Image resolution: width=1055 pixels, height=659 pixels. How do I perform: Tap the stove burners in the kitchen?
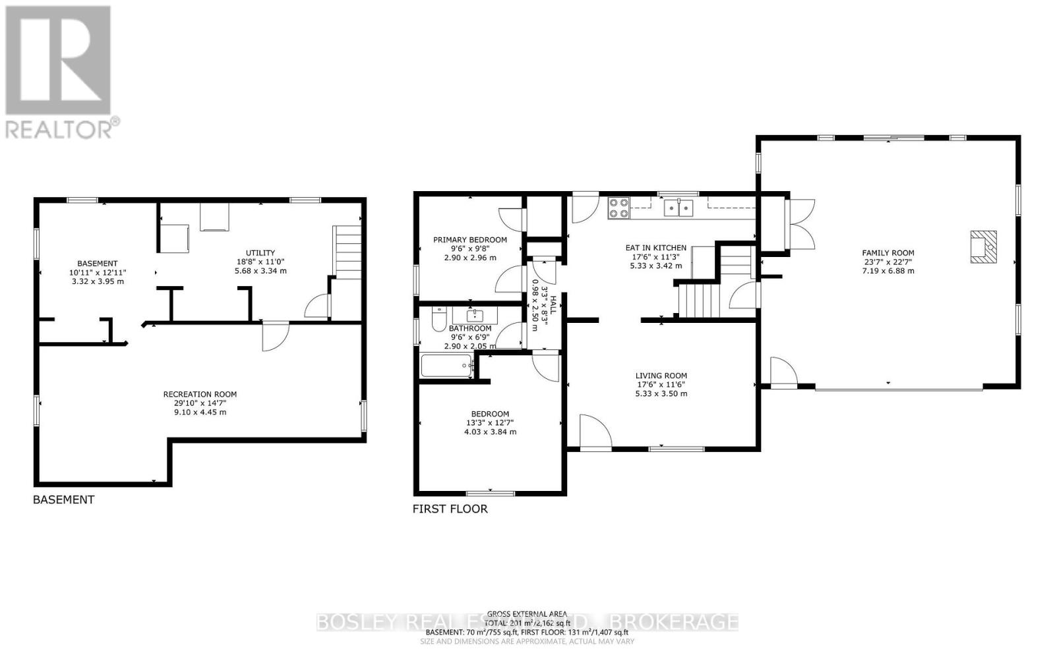tap(618, 208)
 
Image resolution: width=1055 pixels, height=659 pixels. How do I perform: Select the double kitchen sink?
tap(678, 208)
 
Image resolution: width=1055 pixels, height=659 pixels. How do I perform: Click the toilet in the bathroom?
tap(438, 321)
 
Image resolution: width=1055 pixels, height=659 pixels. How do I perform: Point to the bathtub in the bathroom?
tap(446, 366)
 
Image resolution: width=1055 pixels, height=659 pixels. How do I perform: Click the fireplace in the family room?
tap(982, 246)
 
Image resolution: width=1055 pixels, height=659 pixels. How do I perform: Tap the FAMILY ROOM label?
tap(888, 253)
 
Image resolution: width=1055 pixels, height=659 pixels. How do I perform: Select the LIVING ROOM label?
tap(661, 376)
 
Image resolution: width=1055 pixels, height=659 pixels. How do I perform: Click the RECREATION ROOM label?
tap(200, 395)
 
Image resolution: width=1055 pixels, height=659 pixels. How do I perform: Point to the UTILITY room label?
tap(260, 253)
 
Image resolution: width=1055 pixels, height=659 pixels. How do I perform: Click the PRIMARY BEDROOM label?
tap(469, 240)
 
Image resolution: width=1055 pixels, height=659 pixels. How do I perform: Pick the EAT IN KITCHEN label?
tap(655, 248)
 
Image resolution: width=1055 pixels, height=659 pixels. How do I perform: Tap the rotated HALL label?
tap(553, 304)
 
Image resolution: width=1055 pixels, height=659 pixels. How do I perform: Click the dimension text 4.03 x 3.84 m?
tap(489, 432)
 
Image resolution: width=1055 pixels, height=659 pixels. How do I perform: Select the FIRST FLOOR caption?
tap(450, 509)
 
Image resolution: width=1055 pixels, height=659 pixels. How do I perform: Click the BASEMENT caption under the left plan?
tap(63, 500)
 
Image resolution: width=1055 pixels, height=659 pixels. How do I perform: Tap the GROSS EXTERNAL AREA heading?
tap(527, 614)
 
